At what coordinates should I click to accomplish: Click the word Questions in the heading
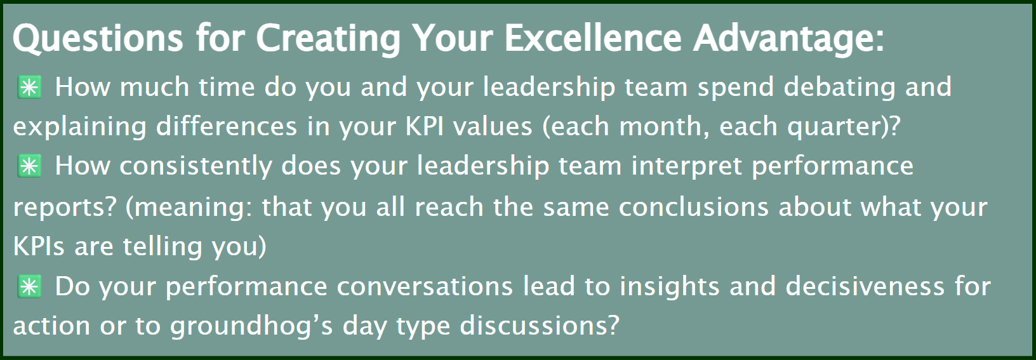pyautogui.click(x=98, y=38)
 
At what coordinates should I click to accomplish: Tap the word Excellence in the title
pyautogui.click(x=593, y=37)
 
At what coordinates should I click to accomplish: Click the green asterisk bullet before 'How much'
pyautogui.click(x=30, y=87)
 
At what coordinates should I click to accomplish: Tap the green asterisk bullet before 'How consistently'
pyautogui.click(x=30, y=166)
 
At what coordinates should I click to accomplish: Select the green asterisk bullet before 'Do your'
pyautogui.click(x=30, y=286)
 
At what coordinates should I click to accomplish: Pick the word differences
pyautogui.click(x=226, y=126)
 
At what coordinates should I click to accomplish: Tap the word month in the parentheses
pyautogui.click(x=664, y=126)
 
